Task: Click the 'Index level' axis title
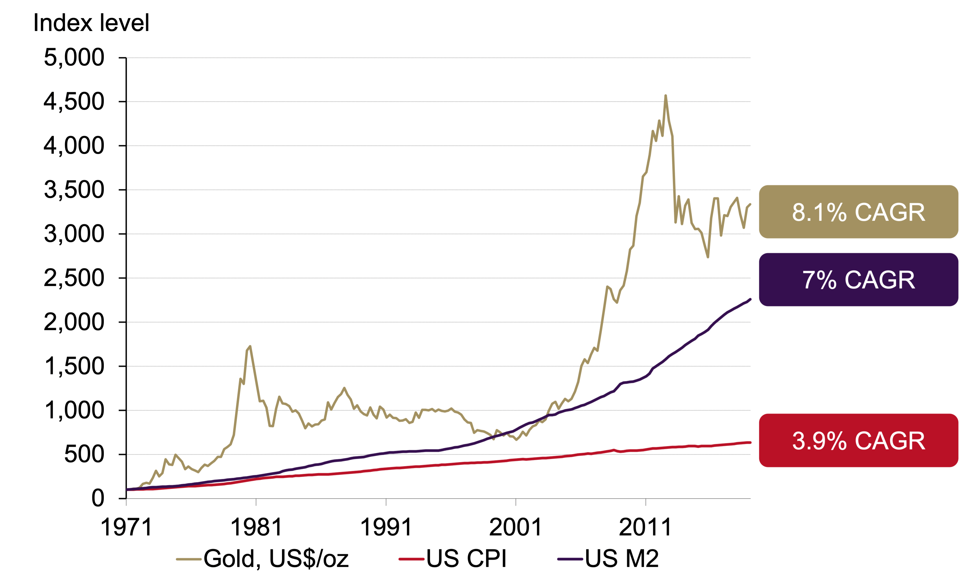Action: click(x=91, y=23)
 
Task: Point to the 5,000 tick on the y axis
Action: click(x=74, y=58)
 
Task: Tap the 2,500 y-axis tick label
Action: click(x=74, y=278)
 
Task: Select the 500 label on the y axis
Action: click(x=84, y=454)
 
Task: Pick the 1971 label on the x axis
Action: click(x=126, y=527)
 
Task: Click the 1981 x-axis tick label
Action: click(x=256, y=527)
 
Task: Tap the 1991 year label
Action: click(x=386, y=527)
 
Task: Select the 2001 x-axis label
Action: click(x=516, y=527)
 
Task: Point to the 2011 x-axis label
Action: click(x=645, y=527)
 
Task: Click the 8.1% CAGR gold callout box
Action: click(x=858, y=212)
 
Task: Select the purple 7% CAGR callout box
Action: click(x=858, y=280)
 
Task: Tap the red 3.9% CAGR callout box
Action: click(x=858, y=440)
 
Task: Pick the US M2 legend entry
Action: click(x=608, y=558)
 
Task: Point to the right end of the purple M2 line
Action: click(x=750, y=299)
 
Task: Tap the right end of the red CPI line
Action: click(x=750, y=443)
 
